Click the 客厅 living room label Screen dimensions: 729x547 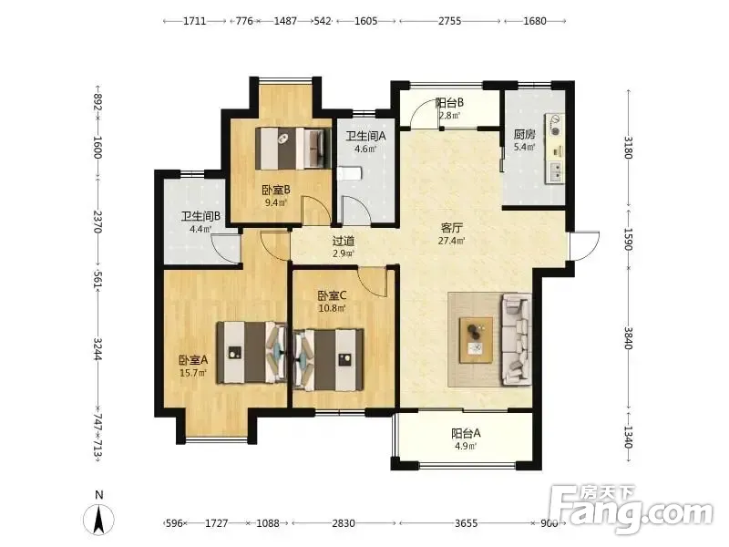451,228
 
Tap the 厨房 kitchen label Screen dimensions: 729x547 525,134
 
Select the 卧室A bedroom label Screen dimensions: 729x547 193,360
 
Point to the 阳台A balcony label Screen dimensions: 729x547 466,434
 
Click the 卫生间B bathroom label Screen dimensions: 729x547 200,216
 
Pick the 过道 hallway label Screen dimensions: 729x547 344,241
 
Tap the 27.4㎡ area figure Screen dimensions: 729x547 451,241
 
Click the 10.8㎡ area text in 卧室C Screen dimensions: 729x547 332,308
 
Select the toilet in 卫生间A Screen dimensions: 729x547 349,173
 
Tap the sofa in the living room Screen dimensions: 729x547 517,340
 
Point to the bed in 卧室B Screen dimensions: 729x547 293,149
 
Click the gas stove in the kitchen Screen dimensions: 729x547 555,125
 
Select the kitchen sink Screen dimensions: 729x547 555,172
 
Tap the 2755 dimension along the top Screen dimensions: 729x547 449,21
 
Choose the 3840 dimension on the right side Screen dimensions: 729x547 628,338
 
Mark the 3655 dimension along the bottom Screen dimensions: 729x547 466,523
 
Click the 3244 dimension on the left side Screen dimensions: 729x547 98,348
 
